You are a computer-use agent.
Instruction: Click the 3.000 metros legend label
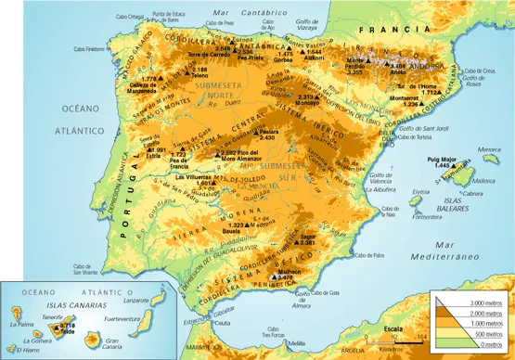pos(483,302)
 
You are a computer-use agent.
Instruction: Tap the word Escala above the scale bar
pos(394,329)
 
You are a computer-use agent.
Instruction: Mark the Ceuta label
pos(221,323)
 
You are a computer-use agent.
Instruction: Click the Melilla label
pos(296,344)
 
